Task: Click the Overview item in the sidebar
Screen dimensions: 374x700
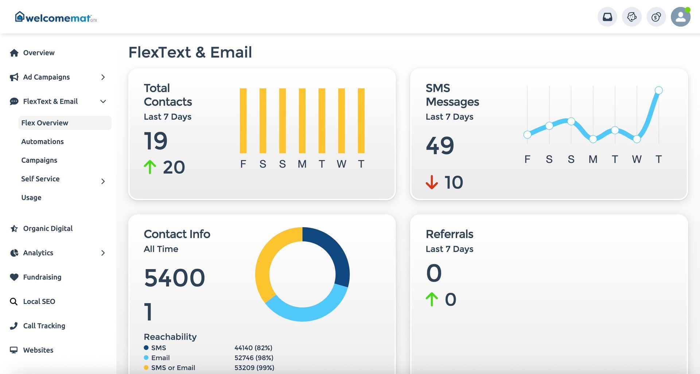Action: (x=39, y=53)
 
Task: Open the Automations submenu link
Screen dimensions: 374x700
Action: (x=42, y=142)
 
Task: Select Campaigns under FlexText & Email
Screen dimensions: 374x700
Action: (x=39, y=160)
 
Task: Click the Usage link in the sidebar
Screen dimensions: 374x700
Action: (x=31, y=197)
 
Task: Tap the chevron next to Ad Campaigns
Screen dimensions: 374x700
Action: (x=103, y=77)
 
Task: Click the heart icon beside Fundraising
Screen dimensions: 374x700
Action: (x=14, y=277)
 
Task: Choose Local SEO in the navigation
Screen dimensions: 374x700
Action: (x=39, y=302)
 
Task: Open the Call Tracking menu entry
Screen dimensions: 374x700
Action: (x=44, y=326)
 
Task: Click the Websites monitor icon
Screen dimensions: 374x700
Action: (x=14, y=350)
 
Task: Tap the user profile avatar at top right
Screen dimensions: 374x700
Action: (x=680, y=17)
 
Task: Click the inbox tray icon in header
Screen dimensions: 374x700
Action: (x=607, y=17)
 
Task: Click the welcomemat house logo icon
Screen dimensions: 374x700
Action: (x=20, y=16)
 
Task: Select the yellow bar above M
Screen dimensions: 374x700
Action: (x=302, y=121)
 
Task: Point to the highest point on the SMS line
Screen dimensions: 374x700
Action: (x=658, y=90)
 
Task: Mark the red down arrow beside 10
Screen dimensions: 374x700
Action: (x=432, y=182)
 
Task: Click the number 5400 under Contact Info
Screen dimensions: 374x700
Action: (x=174, y=278)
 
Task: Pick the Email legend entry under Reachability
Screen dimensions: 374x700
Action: (x=160, y=358)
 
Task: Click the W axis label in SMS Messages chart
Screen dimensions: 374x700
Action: (x=637, y=159)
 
